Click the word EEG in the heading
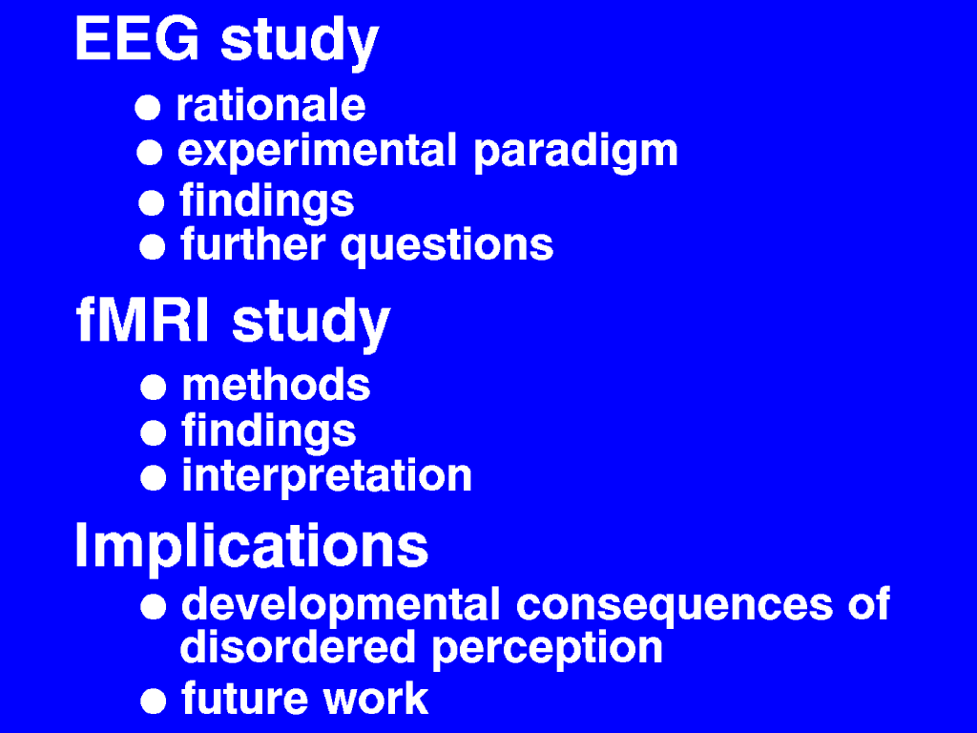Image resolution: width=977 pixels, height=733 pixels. coord(137,38)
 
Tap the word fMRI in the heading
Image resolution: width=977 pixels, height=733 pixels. coord(142,320)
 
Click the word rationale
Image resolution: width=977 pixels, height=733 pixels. coord(271,105)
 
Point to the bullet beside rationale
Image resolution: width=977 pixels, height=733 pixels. coord(148,107)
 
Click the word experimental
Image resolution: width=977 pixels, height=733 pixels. coord(318,152)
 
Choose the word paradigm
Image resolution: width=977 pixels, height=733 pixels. coord(575,153)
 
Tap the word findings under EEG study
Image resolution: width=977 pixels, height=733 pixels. coord(267,200)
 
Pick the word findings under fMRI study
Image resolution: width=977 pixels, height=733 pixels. coord(268,431)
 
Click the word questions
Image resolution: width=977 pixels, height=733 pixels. coord(447,245)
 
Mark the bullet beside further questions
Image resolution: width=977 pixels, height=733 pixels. coord(152,246)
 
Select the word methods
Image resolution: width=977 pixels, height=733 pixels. coord(276,385)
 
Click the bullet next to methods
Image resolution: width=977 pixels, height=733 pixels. coord(154,387)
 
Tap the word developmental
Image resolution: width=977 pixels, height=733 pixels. coord(341,605)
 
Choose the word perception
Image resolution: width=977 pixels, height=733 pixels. coord(547,649)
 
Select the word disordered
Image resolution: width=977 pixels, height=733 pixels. coord(298,647)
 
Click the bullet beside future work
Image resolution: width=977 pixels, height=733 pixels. coord(154,701)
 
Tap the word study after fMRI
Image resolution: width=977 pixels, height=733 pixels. coord(311,323)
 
